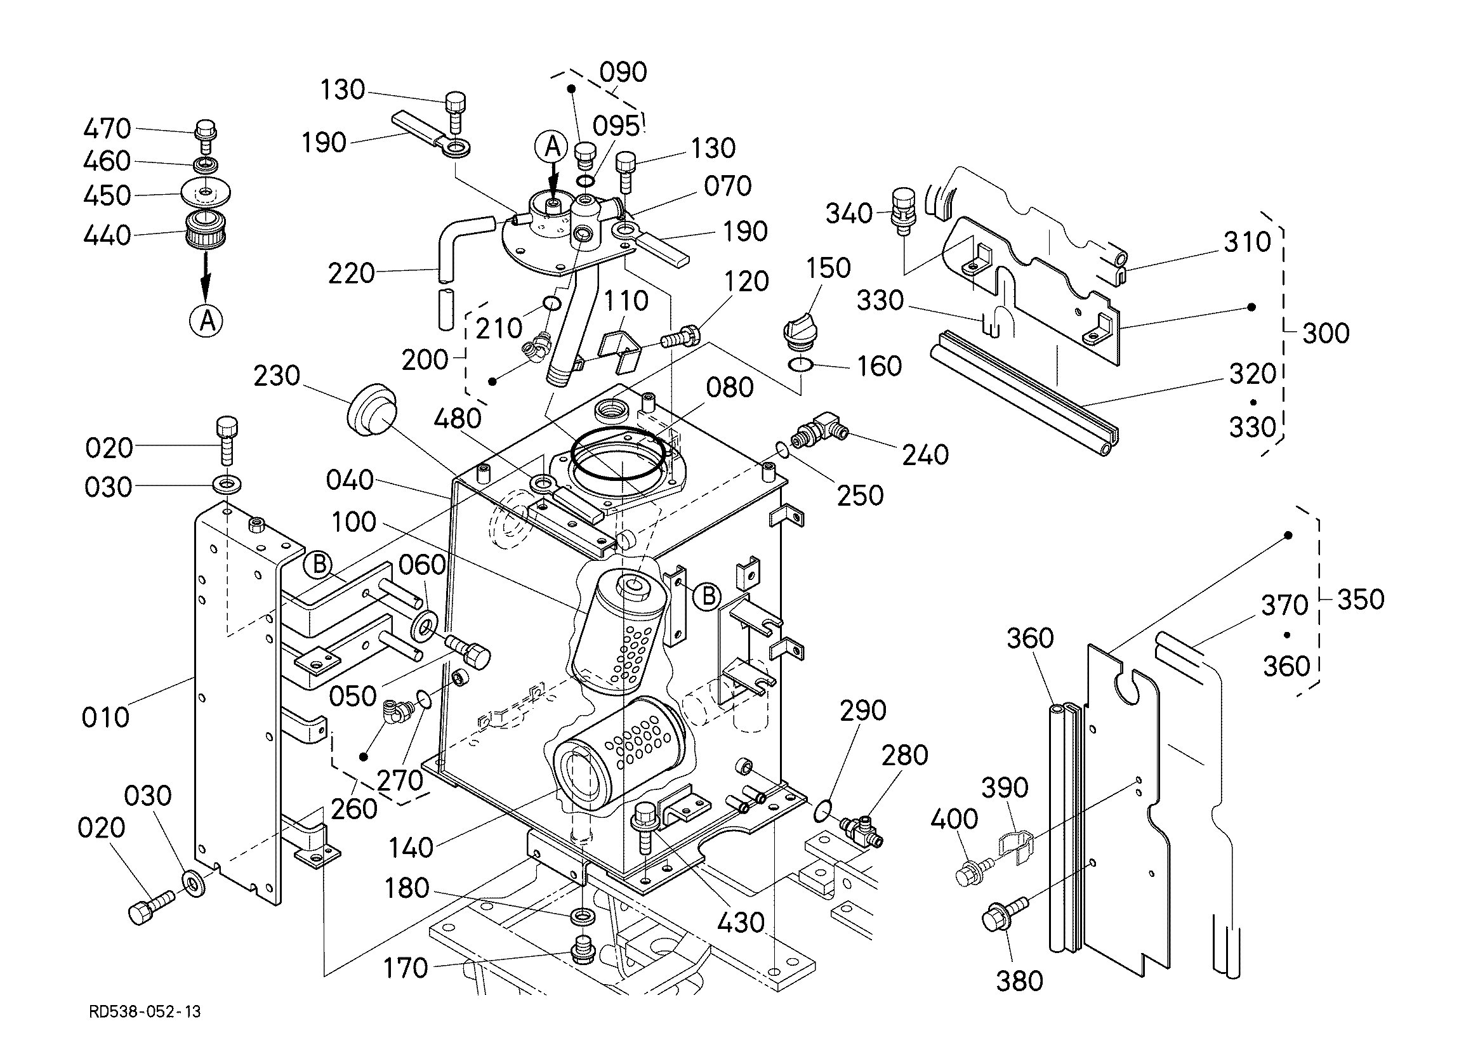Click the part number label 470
(107, 129)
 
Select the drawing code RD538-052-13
(145, 1012)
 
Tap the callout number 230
(277, 376)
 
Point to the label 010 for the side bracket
(105, 717)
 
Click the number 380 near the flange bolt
(1020, 981)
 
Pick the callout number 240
(925, 455)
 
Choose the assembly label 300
(1326, 333)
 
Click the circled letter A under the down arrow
(206, 320)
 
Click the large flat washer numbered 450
(206, 192)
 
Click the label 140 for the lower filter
(411, 847)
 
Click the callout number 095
(616, 126)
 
